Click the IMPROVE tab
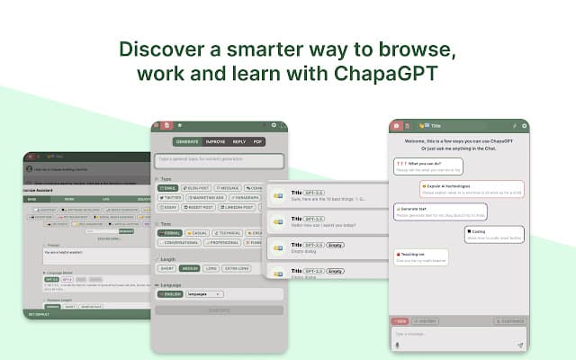tap(215, 141)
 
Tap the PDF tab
tap(257, 141)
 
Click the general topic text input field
tap(220, 161)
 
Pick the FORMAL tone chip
tap(170, 233)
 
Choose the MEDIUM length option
tap(190, 267)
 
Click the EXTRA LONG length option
tap(237, 267)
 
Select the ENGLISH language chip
tap(171, 294)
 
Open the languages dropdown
tap(205, 294)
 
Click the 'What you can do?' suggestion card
tap(427, 166)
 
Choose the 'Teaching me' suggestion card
tap(420, 257)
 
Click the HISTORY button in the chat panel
tap(427, 320)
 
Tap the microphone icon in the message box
tap(398, 344)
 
